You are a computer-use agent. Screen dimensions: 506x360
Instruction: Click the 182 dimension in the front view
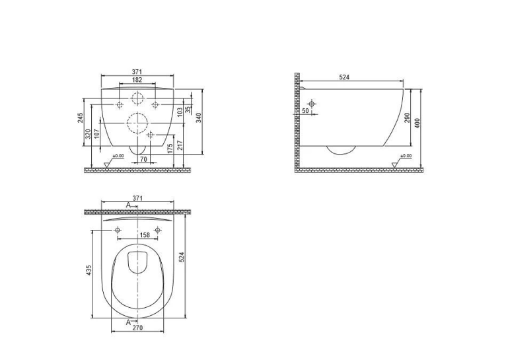coord(137,80)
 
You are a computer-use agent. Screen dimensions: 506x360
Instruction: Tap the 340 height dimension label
coord(199,118)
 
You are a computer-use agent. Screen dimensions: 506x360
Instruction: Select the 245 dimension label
coord(81,118)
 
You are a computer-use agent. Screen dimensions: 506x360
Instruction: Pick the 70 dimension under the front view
coord(143,159)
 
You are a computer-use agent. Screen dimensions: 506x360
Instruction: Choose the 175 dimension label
coord(170,148)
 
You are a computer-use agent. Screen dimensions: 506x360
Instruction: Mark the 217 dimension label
coord(180,145)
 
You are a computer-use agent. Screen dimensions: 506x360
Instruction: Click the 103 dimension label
coord(180,112)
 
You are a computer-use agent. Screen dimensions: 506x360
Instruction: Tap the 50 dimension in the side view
coord(306,111)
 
